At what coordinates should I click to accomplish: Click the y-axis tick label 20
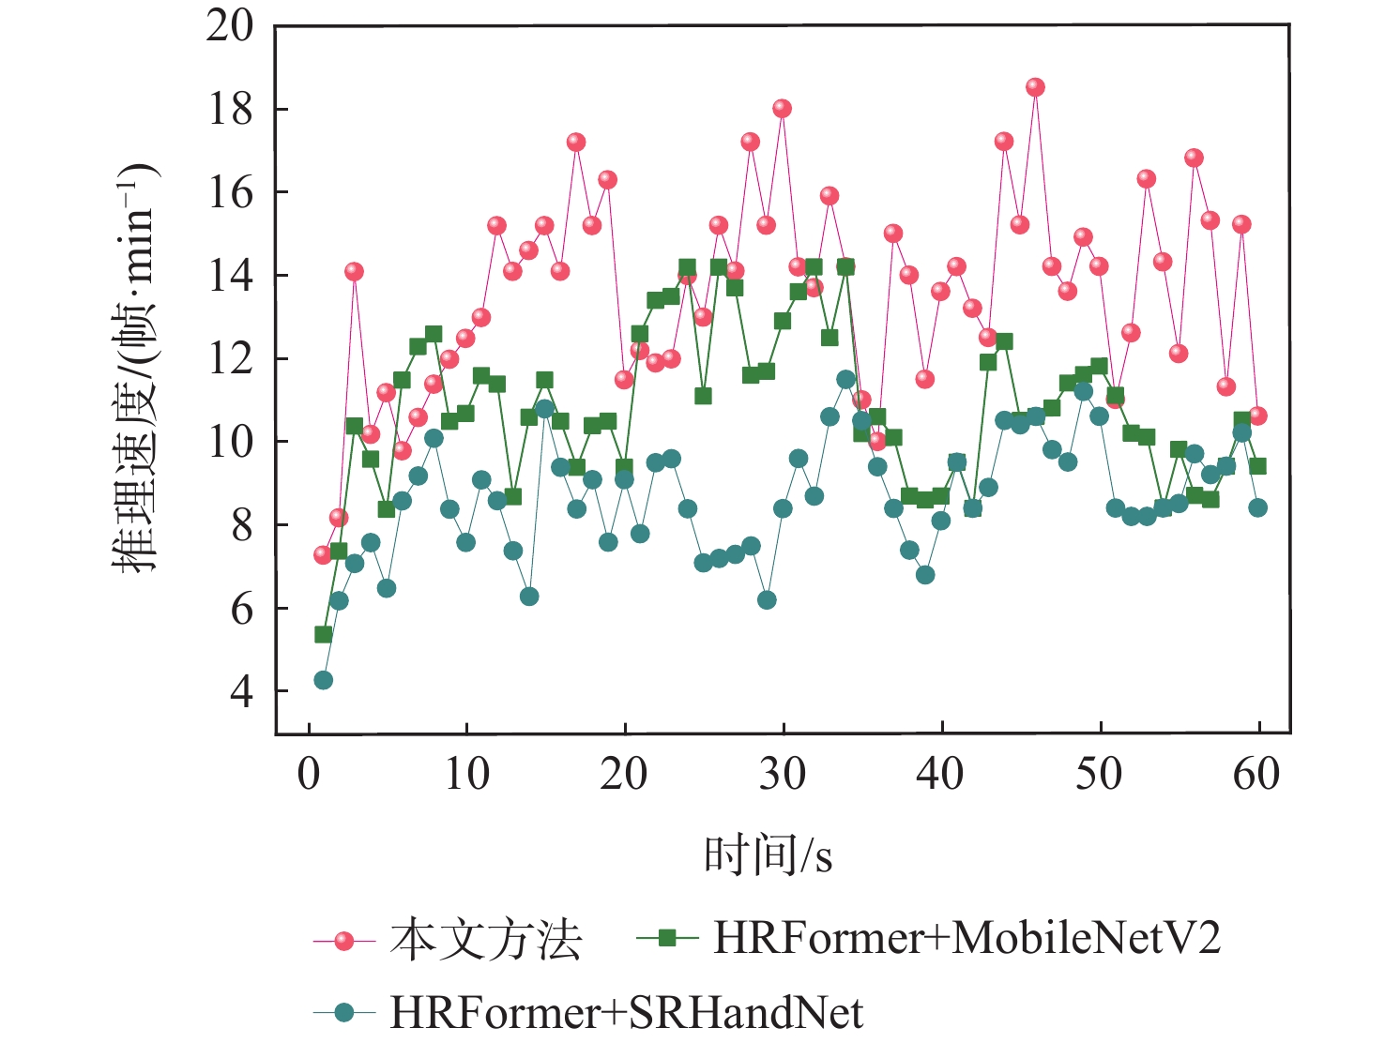coord(230,26)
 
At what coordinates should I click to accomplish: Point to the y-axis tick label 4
coord(241,691)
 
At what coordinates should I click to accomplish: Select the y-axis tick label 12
coord(230,359)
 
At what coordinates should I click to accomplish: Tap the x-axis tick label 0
coord(309,775)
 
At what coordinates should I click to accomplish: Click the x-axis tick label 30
coord(783,775)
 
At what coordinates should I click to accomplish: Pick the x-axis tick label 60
coord(1256,775)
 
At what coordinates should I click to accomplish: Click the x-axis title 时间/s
coord(769,855)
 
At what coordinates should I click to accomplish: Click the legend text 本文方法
coord(486,940)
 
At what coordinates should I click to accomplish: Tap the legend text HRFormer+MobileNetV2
coord(966,938)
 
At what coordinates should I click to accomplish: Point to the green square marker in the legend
coord(667,938)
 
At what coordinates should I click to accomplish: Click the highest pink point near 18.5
coord(1035,87)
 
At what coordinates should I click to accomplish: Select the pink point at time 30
coord(782,109)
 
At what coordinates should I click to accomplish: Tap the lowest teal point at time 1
coord(323,680)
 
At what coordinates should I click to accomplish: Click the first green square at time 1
coord(323,635)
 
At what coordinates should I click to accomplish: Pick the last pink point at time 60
coord(1257,416)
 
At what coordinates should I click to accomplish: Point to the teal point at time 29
coord(767,600)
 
